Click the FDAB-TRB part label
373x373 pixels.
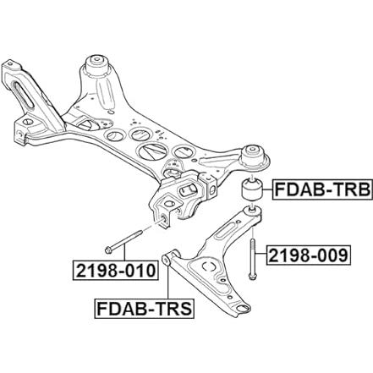[322, 189]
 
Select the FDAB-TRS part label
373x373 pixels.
[145, 309]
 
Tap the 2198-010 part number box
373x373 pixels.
[115, 271]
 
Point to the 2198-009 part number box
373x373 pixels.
[309, 255]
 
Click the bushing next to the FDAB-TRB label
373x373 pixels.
[252, 189]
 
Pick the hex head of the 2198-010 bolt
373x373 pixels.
[108, 250]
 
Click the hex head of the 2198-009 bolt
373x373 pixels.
[252, 277]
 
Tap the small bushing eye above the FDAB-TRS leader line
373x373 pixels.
[167, 260]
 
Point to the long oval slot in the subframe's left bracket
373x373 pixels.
[24, 95]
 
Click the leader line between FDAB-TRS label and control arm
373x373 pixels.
[167, 282]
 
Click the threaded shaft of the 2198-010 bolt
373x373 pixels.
[127, 240]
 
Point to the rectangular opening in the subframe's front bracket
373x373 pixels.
[187, 189]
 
